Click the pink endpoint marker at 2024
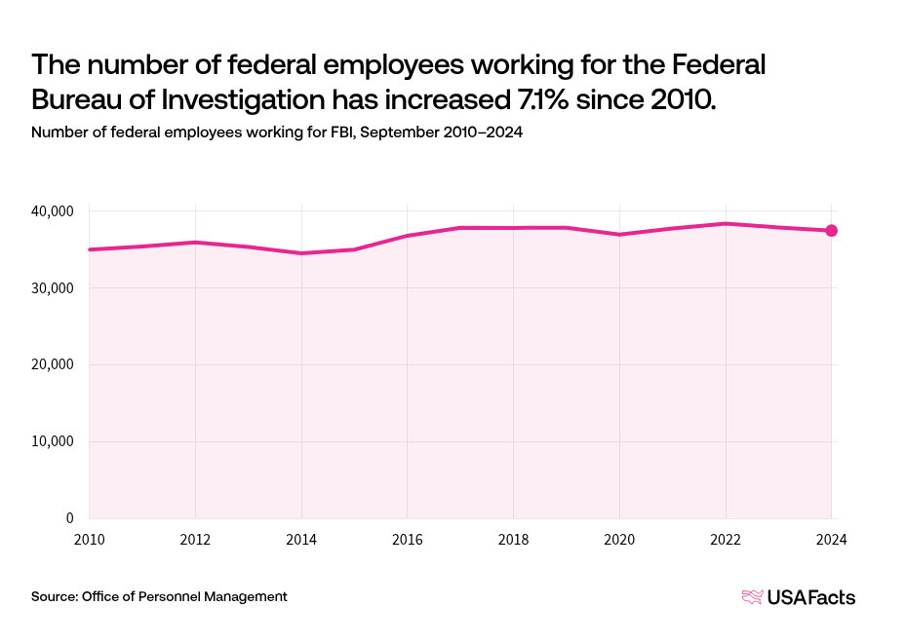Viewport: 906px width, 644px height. pos(831,231)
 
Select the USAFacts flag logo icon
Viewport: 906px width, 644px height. pos(752,597)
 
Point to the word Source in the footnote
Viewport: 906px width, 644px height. pos(54,596)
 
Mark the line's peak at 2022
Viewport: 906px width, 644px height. pos(726,223)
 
